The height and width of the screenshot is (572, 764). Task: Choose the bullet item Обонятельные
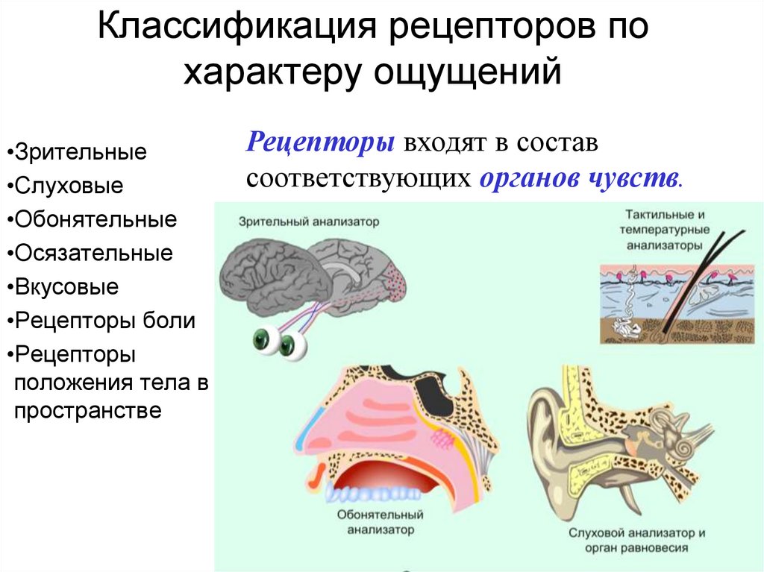(95, 220)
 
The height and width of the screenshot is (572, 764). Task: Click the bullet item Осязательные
(93, 254)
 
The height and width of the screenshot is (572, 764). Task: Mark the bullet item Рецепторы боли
(105, 321)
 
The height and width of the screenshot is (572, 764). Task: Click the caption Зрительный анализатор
(309, 221)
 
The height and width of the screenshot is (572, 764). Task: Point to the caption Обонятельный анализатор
(380, 523)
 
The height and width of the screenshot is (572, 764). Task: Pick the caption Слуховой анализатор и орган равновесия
(637, 541)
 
